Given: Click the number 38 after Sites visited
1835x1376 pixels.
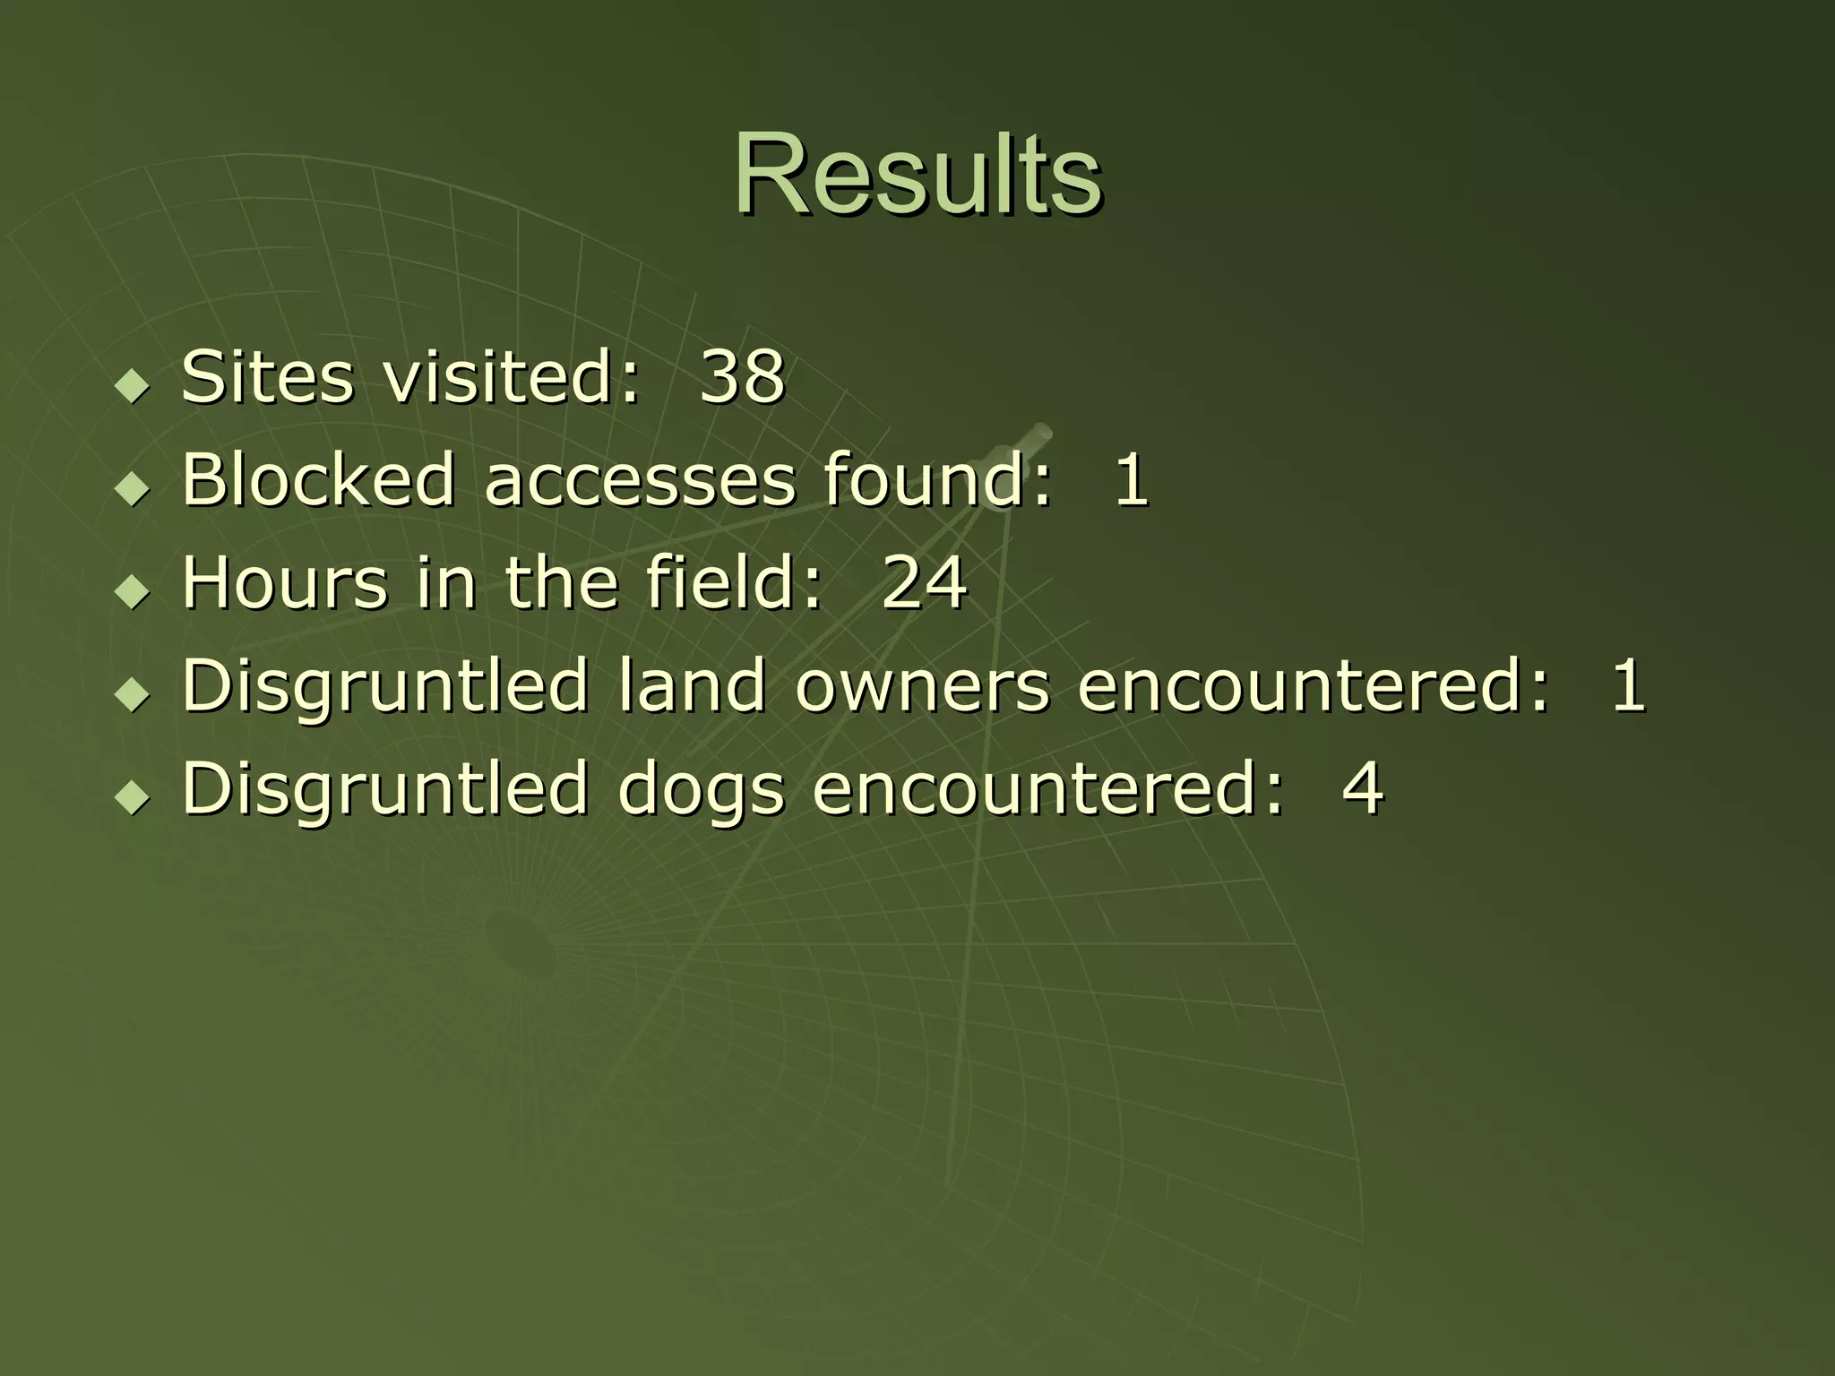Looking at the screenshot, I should coord(742,376).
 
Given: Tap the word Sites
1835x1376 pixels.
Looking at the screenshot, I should coord(267,376).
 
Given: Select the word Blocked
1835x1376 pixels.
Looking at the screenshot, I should coord(318,479).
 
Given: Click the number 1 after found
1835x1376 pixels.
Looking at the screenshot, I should coord(1131,479).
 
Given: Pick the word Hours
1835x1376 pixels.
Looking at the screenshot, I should coord(285,582).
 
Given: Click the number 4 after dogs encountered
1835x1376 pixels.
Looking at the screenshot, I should coord(1363,788).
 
